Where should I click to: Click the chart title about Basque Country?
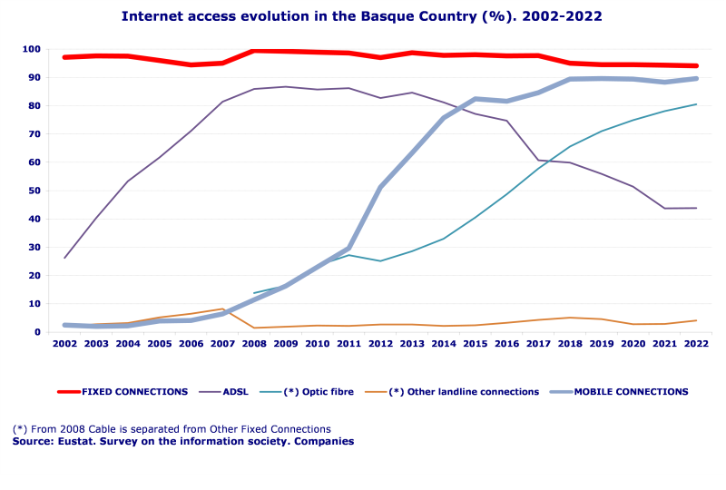click(x=361, y=16)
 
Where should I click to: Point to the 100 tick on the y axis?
click(x=32, y=49)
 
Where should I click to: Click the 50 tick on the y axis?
click(x=34, y=191)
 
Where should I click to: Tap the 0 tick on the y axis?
click(x=37, y=332)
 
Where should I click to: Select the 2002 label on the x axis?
click(x=64, y=346)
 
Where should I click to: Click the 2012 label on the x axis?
click(x=380, y=346)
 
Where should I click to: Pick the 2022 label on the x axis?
click(x=696, y=346)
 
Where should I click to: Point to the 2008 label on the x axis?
click(x=254, y=346)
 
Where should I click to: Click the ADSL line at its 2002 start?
click(x=64, y=258)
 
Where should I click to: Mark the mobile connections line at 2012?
click(x=380, y=187)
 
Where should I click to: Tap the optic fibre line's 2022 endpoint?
click(x=696, y=104)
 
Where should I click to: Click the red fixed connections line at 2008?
click(x=254, y=51)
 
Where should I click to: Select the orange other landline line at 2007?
click(x=222, y=309)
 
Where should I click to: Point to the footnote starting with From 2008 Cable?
click(x=172, y=429)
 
